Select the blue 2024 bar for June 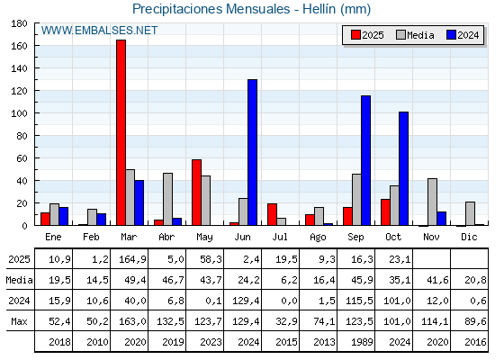(252, 152)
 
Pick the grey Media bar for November (432, 202)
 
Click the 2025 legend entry (367, 35)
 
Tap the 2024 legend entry (462, 35)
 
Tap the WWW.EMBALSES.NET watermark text (99, 31)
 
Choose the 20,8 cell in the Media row (475, 280)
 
